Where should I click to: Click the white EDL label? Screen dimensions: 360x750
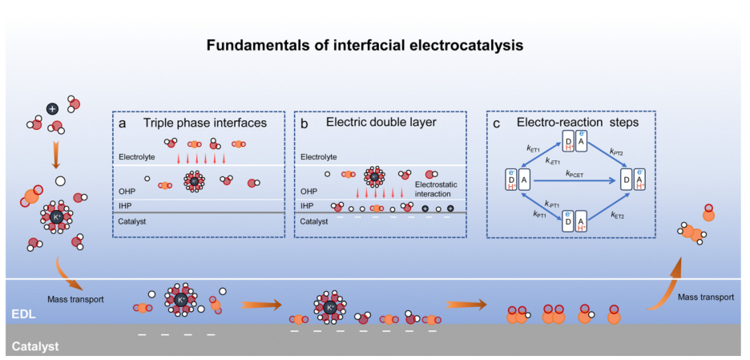[x=22, y=315]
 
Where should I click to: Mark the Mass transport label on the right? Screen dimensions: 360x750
[x=706, y=297]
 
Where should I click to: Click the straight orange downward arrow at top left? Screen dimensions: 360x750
[x=53, y=155]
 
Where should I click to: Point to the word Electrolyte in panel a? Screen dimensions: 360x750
[x=134, y=157]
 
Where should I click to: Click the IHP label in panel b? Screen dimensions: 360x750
[x=307, y=206]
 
